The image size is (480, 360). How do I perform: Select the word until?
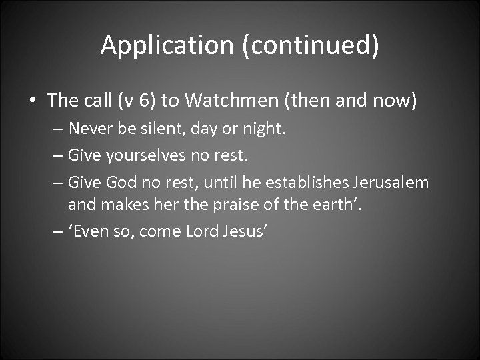pyautogui.click(x=223, y=182)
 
